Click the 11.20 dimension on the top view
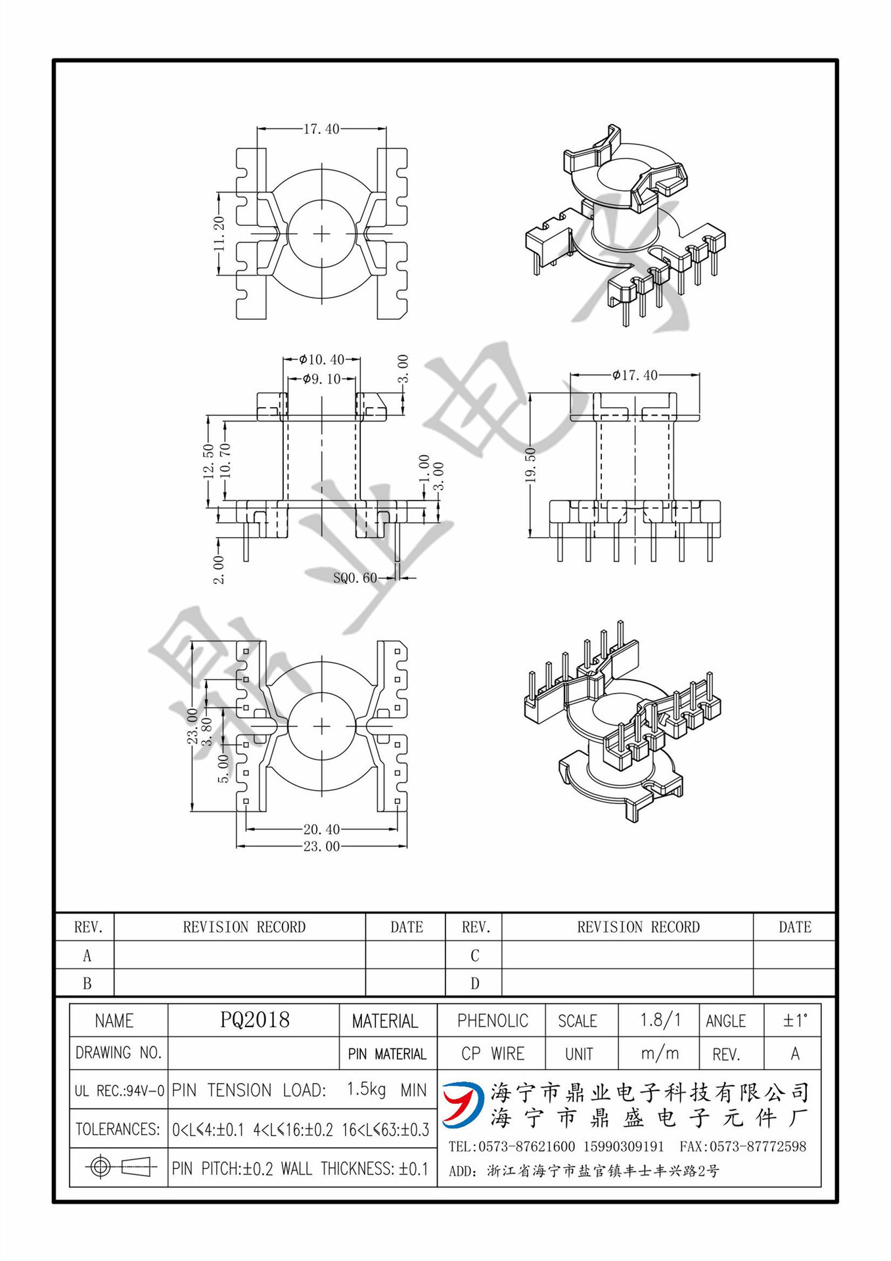click(219, 234)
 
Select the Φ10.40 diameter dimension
click(321, 359)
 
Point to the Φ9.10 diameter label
click(322, 379)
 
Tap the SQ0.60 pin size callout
click(355, 578)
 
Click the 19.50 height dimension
click(531, 465)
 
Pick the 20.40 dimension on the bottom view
click(321, 830)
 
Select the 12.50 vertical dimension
click(208, 460)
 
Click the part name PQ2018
click(254, 1020)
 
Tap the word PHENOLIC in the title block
click(492, 1021)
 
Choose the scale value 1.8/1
click(660, 1020)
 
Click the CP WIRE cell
click(492, 1053)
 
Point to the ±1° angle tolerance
click(794, 1021)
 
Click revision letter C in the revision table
click(474, 956)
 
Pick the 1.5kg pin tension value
click(366, 1090)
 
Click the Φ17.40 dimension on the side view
click(635, 375)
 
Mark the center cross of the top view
click(321, 234)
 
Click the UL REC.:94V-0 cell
click(119, 1091)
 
